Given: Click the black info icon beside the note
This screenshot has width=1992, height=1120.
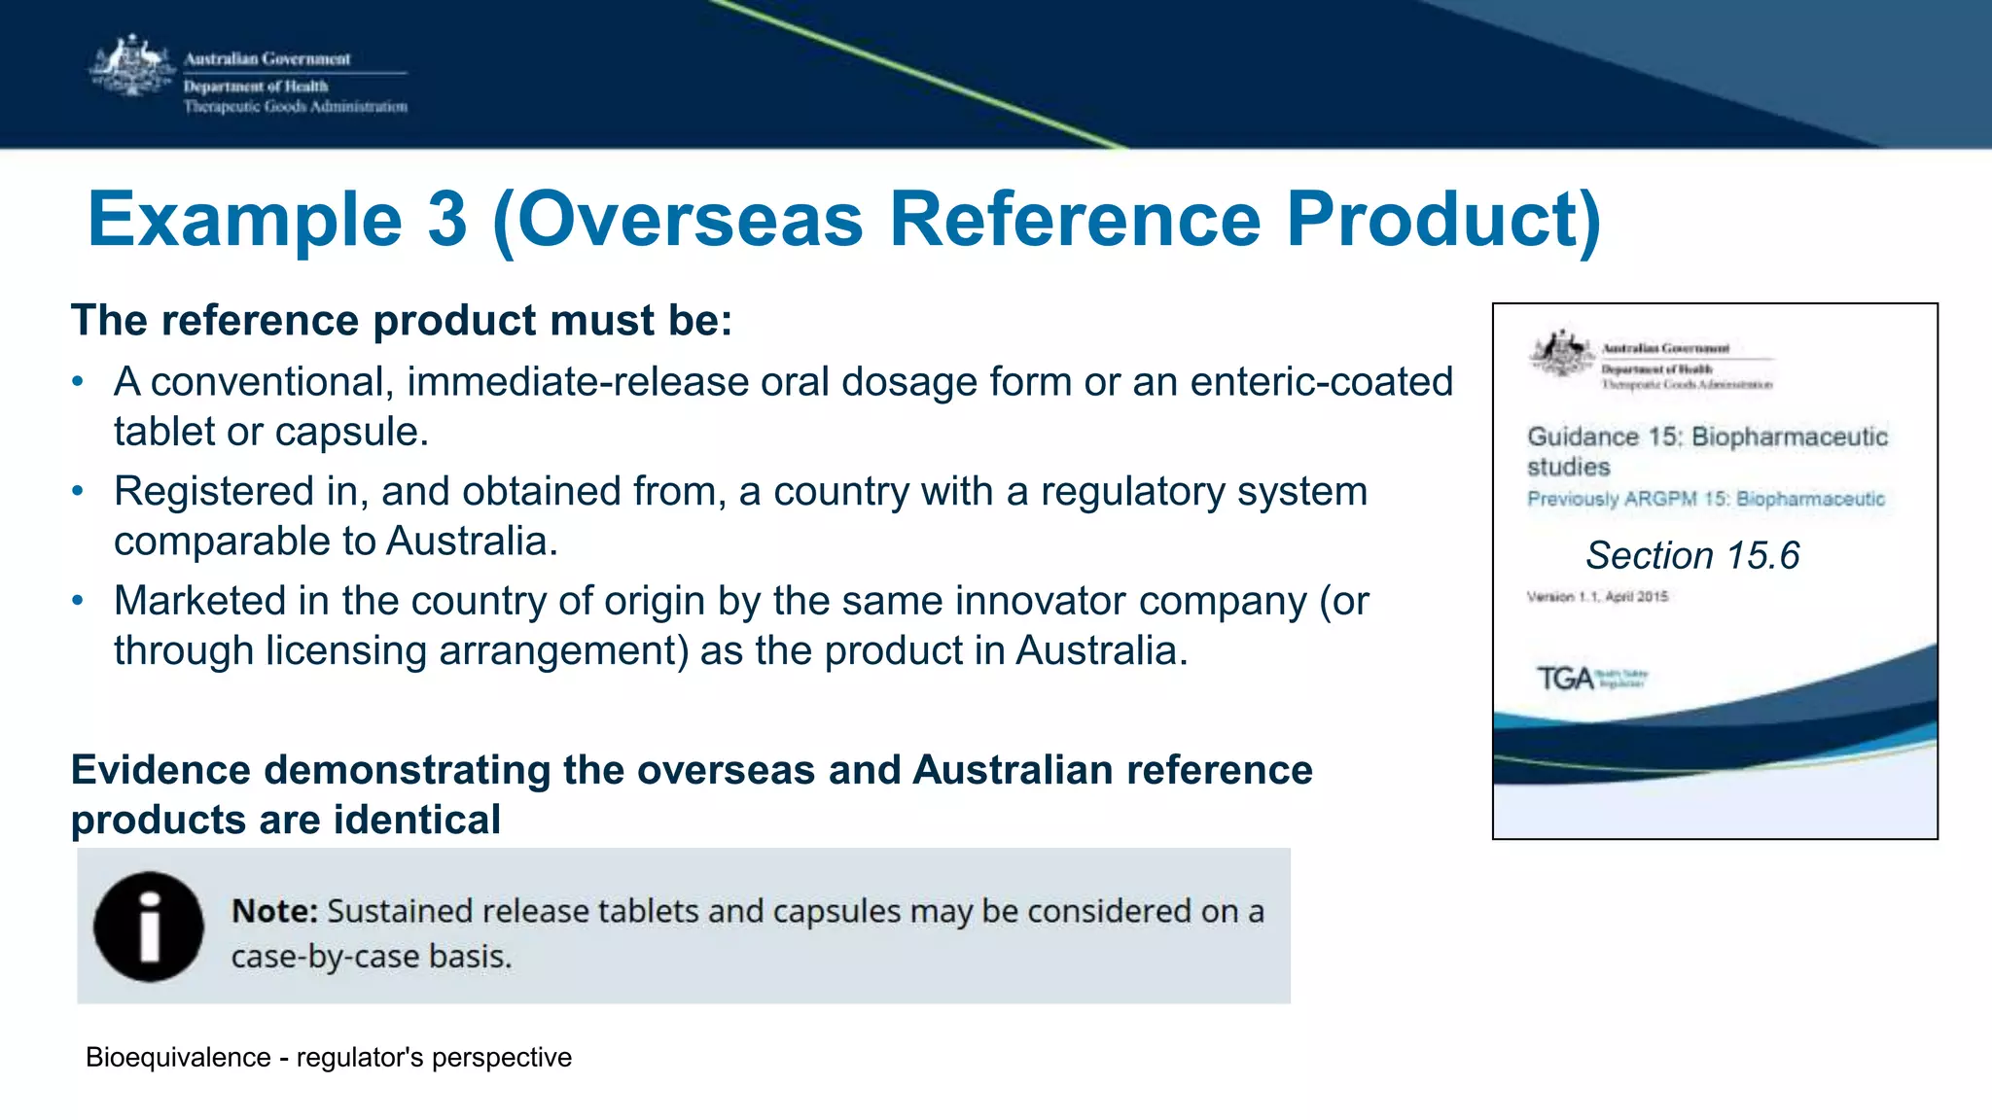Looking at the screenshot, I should point(149,927).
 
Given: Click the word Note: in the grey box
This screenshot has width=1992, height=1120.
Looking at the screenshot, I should point(274,912).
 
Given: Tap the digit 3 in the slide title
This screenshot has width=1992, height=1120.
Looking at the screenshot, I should point(446,220).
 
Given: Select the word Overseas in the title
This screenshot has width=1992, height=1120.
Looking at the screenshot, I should point(692,220).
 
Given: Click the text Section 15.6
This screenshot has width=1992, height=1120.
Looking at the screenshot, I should point(1692,555).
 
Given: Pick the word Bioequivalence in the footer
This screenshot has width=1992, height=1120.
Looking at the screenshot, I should point(178,1058).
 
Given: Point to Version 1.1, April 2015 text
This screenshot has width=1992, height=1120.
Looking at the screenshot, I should point(1597,597).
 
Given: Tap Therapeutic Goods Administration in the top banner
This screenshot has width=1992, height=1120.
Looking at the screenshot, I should point(296,107).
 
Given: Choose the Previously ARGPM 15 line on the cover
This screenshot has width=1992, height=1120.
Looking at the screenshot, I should point(1705,500).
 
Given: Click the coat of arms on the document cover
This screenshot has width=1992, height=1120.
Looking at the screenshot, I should point(1562,354).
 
